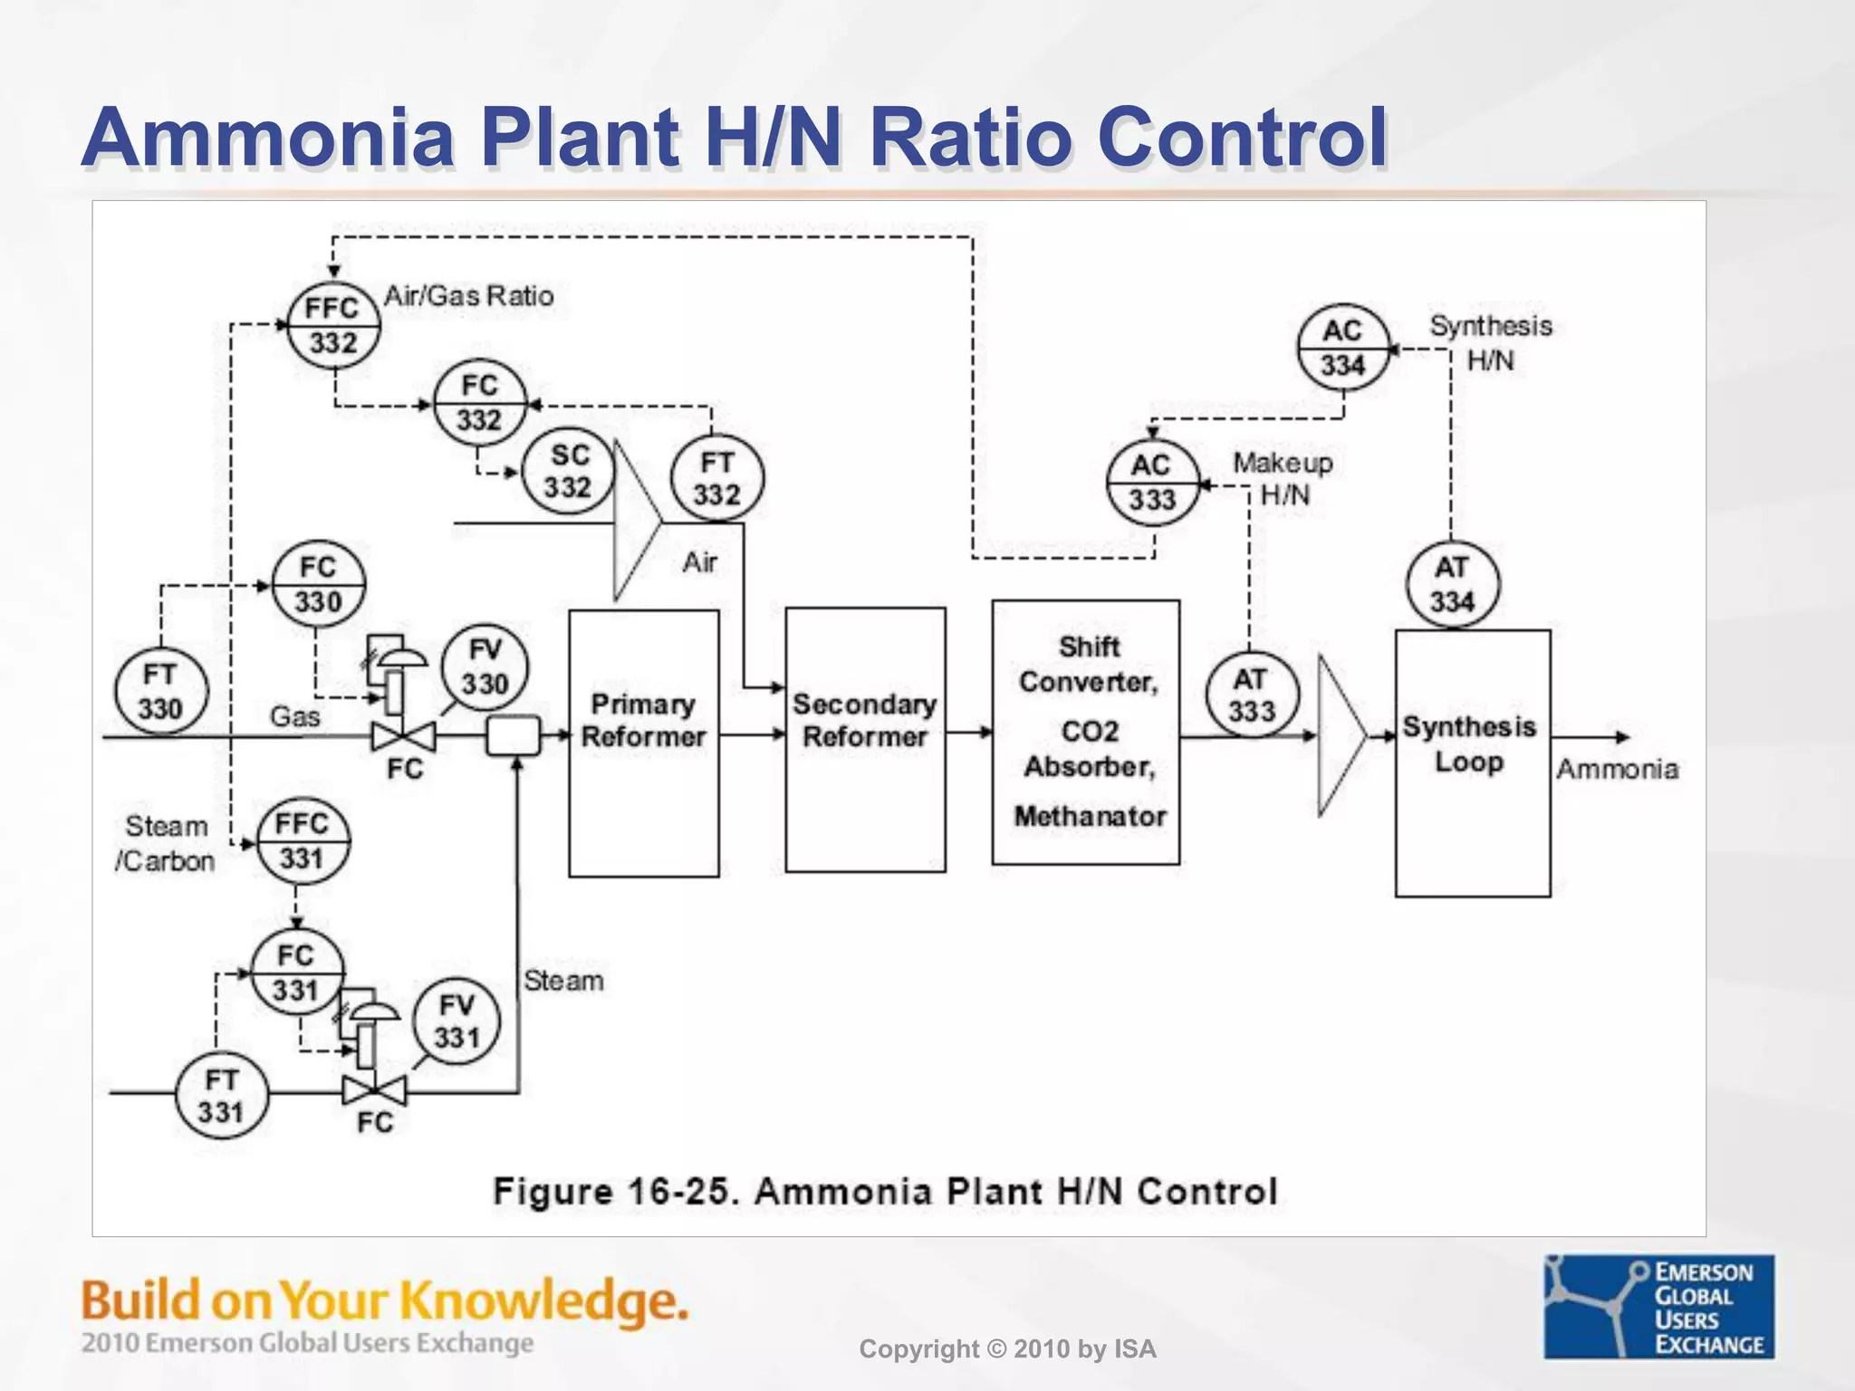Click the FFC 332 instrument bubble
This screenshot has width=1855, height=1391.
click(333, 325)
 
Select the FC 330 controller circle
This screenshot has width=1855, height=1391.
click(319, 585)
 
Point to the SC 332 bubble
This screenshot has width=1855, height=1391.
click(569, 471)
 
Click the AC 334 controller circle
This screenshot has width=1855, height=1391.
click(1342, 348)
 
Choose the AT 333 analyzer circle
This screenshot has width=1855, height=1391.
click(1251, 695)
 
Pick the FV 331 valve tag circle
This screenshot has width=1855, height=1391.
click(456, 1021)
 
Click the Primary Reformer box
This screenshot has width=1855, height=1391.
click(643, 743)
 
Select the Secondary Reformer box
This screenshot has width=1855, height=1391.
click(865, 740)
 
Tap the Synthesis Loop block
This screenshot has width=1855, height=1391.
click(1472, 763)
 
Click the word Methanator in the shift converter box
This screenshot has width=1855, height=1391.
click(1090, 816)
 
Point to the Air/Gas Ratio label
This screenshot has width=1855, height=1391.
click(468, 296)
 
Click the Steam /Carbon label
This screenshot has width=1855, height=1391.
click(166, 843)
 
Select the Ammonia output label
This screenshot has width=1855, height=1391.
click(1617, 770)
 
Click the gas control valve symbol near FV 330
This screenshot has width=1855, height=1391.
click(403, 736)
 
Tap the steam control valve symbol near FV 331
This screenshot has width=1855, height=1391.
click(374, 1090)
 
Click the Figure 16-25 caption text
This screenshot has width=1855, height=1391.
click(885, 1191)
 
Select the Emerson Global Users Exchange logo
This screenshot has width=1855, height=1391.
click(1658, 1306)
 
